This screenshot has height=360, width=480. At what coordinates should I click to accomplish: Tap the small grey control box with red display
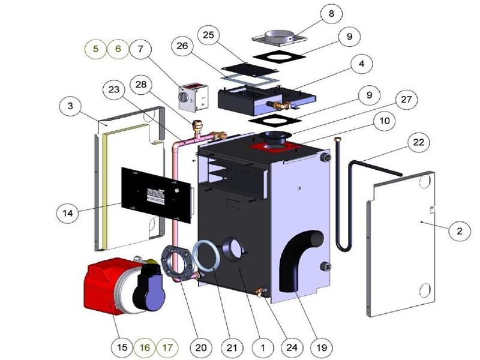(193, 95)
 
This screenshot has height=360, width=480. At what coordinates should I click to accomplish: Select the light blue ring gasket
(208, 257)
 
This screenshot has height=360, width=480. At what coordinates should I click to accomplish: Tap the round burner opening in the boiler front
(232, 247)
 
